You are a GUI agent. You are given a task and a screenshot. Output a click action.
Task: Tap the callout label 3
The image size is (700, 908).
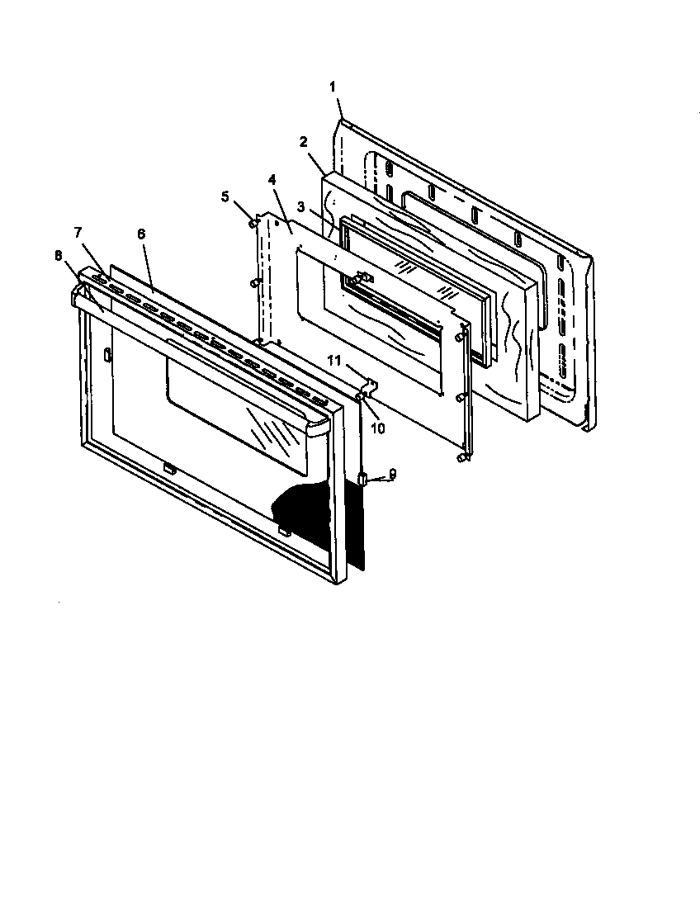click(302, 206)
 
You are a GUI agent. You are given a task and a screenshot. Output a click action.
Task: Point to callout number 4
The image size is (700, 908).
click(272, 178)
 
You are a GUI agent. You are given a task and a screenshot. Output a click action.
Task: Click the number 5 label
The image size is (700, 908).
click(225, 197)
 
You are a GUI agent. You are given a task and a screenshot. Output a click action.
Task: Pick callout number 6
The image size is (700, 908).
click(141, 234)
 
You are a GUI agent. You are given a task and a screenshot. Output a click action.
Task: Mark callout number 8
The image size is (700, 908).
click(58, 255)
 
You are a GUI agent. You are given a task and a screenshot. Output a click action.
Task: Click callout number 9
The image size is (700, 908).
click(393, 473)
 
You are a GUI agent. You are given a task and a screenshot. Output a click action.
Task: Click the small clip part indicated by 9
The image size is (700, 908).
click(362, 478)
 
